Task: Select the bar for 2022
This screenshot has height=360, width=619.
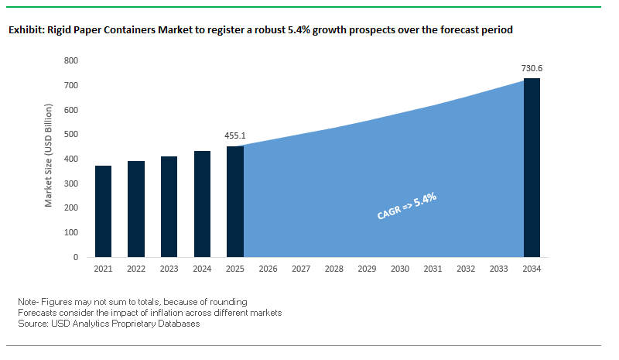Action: pos(137,209)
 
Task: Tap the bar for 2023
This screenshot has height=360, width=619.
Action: pos(169,207)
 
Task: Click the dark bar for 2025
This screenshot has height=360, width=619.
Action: pos(235,201)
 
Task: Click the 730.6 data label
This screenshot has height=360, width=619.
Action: pos(532,68)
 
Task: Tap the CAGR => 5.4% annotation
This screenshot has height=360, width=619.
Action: pos(407,207)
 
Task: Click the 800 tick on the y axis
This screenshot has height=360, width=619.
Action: pos(71,60)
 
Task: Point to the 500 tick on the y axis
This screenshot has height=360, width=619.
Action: pos(71,134)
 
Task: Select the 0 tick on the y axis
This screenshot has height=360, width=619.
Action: pos(76,257)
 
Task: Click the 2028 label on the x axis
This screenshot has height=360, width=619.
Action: pos(334,269)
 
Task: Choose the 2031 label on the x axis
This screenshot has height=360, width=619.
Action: pos(433,269)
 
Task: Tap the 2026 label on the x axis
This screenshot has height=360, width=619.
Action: pos(268,269)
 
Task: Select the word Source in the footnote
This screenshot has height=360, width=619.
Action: pos(32,324)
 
